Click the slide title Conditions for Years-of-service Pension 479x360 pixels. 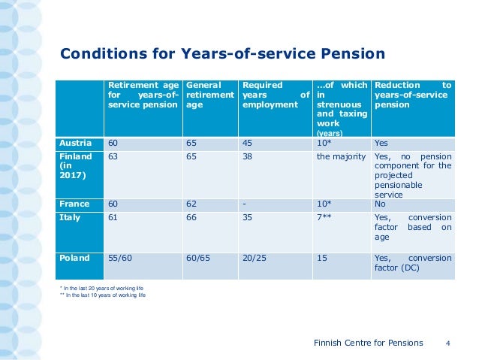[x=222, y=53]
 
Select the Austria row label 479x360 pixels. [x=75, y=142]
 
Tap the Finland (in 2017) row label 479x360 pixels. [x=75, y=166]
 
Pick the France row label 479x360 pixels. [x=74, y=204]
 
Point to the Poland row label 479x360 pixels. [x=74, y=258]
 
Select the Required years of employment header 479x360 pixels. [x=276, y=95]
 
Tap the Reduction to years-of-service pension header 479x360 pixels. [x=412, y=95]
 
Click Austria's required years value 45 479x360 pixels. [x=249, y=142]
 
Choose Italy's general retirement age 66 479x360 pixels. [x=192, y=217]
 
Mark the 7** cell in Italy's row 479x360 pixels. [x=324, y=217]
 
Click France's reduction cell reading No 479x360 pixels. [x=380, y=204]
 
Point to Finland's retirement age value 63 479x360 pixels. [x=113, y=156]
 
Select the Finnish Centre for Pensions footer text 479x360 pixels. [x=368, y=343]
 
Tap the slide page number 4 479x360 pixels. [x=447, y=343]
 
